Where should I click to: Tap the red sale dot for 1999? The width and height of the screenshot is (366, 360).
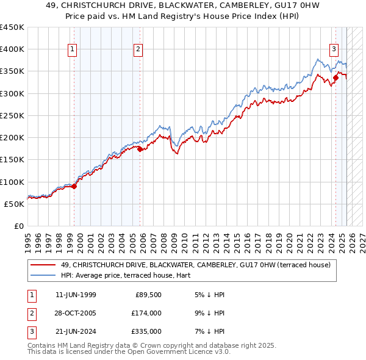(74, 187)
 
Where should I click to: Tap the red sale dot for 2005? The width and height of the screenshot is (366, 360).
(140, 149)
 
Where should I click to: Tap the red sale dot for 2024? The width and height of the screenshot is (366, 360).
(335, 77)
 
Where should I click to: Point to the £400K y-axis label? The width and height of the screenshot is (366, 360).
(12, 49)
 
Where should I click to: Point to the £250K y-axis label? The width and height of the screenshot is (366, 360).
(12, 115)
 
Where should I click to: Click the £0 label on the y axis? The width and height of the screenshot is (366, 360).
(19, 226)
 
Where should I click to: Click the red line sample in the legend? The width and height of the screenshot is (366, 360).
(43, 265)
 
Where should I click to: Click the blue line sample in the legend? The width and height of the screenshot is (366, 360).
(43, 275)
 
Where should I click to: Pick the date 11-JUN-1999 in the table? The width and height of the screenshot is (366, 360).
(76, 295)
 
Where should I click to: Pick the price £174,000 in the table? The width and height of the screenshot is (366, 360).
(146, 313)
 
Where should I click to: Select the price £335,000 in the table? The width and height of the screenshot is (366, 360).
(146, 331)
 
